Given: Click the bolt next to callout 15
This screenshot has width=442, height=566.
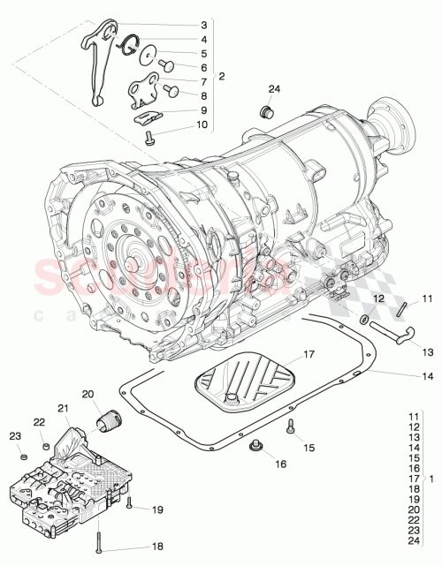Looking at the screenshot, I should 289,428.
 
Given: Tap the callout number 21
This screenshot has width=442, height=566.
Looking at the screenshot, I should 63,407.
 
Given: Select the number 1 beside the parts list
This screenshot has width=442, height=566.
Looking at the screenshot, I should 430,479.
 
